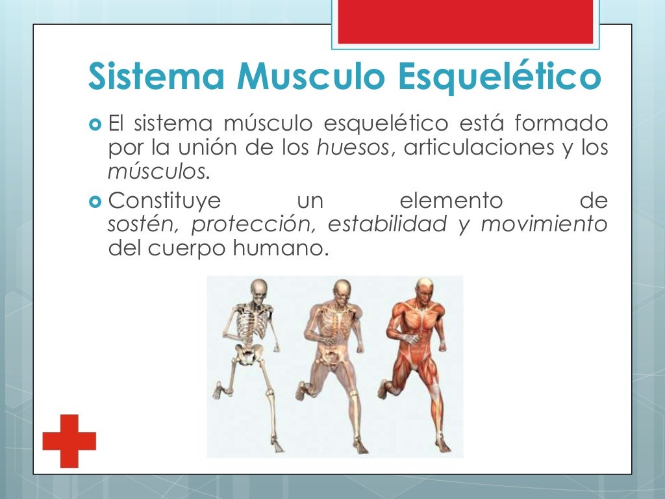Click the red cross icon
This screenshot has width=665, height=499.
[69, 441]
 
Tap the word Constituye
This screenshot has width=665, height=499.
[165, 201]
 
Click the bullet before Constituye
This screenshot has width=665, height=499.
[95, 201]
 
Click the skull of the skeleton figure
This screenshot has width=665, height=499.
[259, 289]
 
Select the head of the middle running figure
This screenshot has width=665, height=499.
[341, 290]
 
